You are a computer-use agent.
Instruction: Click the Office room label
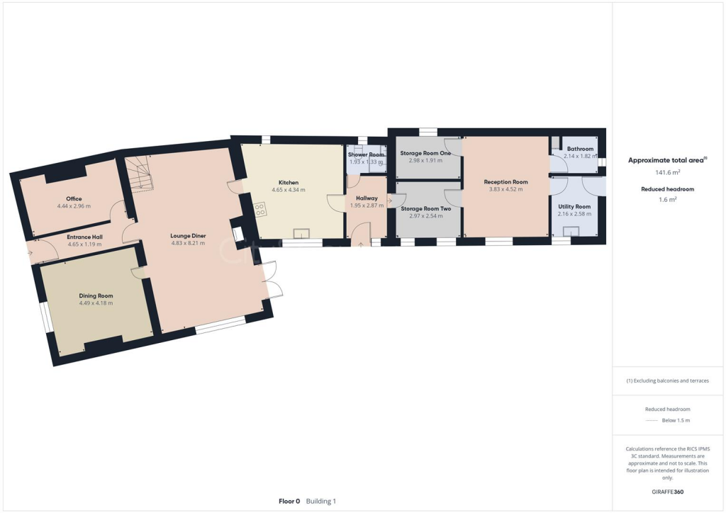74,198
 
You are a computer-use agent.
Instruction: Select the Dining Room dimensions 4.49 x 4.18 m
96,303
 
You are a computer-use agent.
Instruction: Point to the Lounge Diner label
188,235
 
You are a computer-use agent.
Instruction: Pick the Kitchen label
289,182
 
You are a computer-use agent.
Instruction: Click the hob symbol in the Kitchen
260,209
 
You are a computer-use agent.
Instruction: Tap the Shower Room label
366,154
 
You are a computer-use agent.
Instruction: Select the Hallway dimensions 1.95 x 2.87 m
367,205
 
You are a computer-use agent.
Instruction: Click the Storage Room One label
425,153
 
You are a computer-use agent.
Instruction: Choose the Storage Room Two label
425,208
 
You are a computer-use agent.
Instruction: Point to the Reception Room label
506,181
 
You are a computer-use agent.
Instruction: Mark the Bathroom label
580,149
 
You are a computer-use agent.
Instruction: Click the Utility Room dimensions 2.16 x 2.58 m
574,214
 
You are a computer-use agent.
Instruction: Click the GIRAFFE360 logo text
668,492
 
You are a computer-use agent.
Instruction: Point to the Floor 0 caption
289,501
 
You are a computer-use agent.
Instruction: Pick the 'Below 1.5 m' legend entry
676,420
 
